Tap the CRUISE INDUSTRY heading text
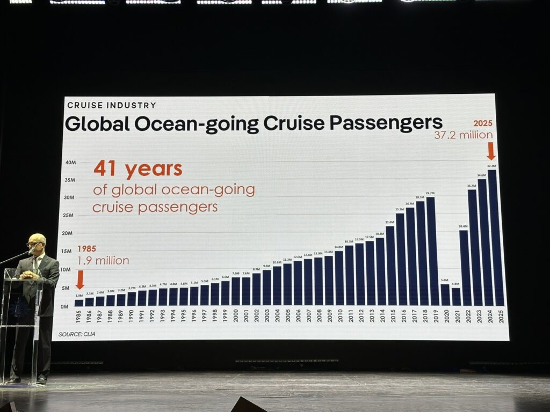pos(111,105)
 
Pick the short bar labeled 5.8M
pos(445,295)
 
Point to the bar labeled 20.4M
pos(464,268)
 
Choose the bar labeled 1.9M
pos(79,303)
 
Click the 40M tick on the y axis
pos(70,162)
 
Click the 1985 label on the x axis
pos(79,317)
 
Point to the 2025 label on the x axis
pos(501,317)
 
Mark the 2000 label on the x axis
pos(236,317)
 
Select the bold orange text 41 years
pos(137,170)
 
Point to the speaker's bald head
pos(37,240)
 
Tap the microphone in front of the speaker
pos(31,251)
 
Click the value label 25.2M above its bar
pos(400,210)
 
